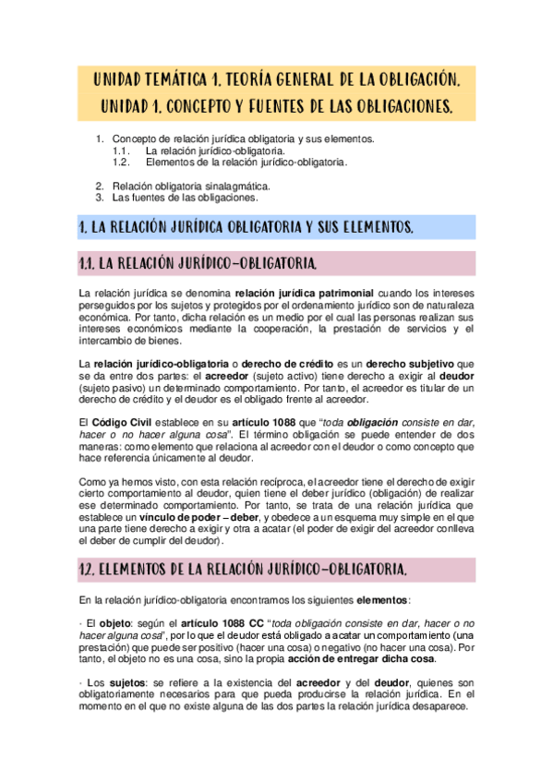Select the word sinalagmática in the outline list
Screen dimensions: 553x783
click(236, 185)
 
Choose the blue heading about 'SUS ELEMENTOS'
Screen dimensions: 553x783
click(246, 227)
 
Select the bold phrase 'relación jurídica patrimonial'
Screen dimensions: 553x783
click(303, 294)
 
